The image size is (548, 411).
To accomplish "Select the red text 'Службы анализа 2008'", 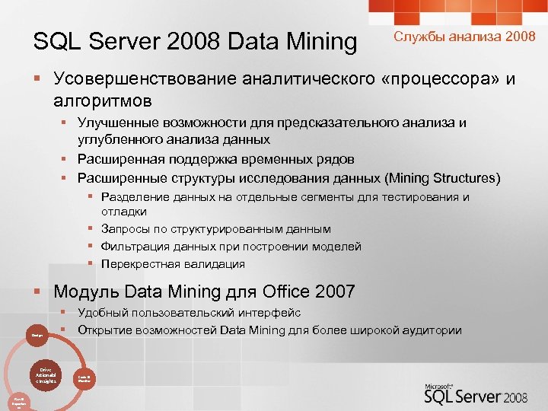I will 464,37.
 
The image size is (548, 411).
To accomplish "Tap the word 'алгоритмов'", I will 103,100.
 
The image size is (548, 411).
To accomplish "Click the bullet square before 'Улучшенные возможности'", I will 66,123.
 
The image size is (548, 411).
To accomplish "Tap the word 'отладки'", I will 124,211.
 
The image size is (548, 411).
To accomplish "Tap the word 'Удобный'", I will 102,312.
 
